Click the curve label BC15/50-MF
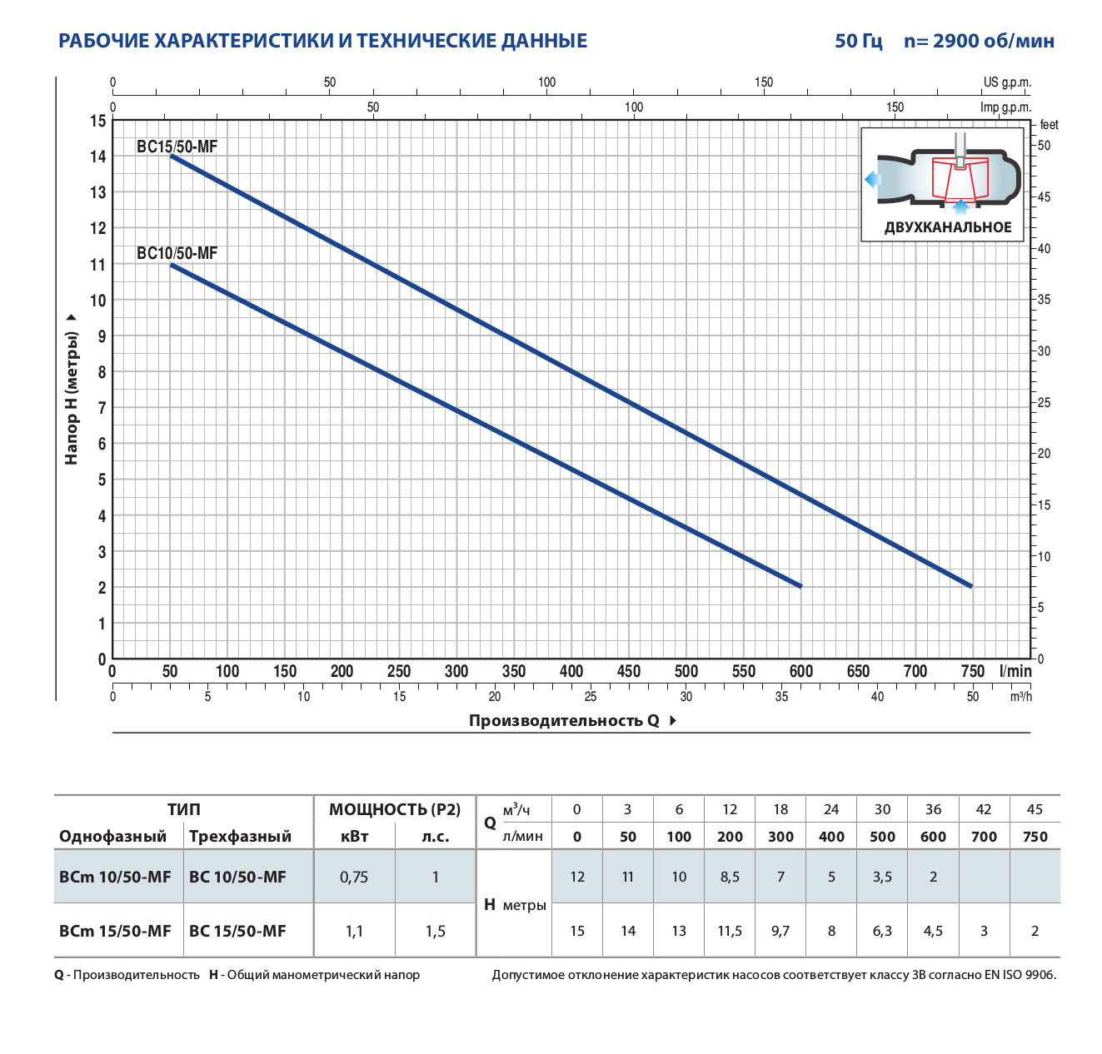coord(177,147)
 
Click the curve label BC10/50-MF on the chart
coord(177,253)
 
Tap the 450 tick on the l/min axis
coord(629,671)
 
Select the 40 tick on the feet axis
coord(1044,248)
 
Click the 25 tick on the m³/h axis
coord(591,696)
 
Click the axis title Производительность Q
coord(564,720)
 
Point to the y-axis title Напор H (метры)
coord(72,397)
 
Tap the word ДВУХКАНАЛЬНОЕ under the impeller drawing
coord(948,227)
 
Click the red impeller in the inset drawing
coord(960,178)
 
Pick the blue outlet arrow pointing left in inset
coord(872,179)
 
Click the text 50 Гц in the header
coord(859,41)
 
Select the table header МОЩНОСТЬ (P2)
coord(395,809)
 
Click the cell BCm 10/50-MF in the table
coord(115,877)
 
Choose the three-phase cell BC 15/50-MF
coord(237,931)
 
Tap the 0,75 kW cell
coord(354,877)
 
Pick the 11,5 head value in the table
coord(730,931)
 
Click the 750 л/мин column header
coord(1035,837)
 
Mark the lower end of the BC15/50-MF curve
coord(971,586)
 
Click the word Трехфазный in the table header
coord(240,837)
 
